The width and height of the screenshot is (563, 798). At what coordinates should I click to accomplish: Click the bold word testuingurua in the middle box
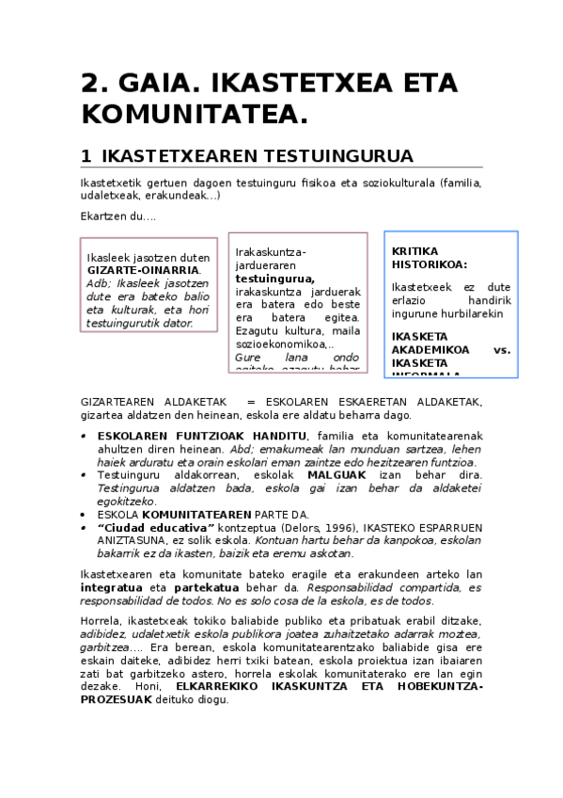(x=274, y=279)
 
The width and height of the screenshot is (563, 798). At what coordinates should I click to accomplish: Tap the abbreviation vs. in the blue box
(x=501, y=349)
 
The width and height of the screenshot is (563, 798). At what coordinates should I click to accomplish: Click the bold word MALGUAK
(x=338, y=476)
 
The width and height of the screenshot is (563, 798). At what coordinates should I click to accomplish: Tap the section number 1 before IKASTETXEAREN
(x=86, y=155)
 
